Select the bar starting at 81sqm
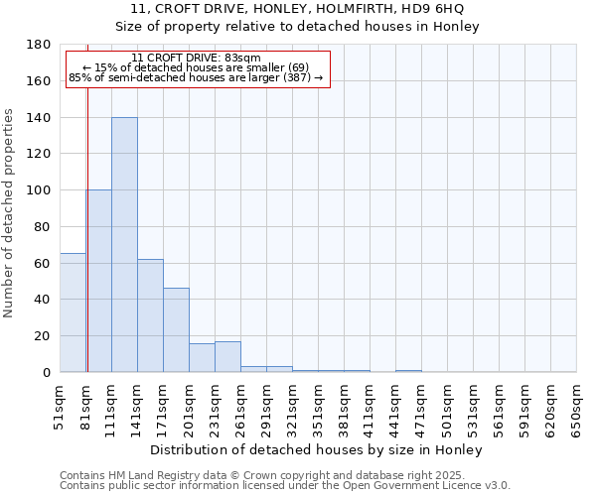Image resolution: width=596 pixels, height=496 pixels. coord(99,281)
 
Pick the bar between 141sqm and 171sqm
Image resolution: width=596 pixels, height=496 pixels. coord(150,315)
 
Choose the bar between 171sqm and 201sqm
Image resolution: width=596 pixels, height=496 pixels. coord(176,329)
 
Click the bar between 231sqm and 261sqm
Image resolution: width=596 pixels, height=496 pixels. coord(227,357)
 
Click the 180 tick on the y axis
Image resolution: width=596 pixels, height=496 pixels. coord(40,45)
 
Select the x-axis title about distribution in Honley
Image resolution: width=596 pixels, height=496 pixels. coord(318,449)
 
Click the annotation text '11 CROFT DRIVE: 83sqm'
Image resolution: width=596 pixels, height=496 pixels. coord(196,59)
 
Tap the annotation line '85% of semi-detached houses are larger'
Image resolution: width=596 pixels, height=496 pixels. coord(196,77)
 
